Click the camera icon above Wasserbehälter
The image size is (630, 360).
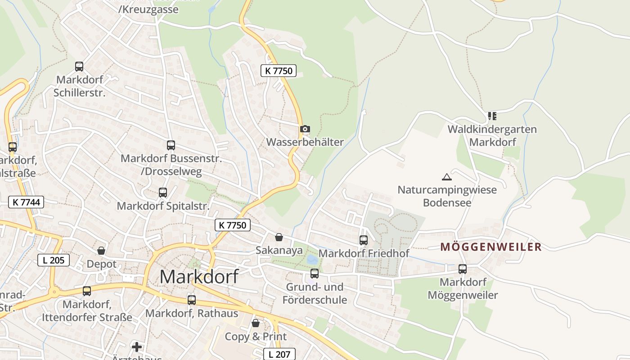coord(305,129)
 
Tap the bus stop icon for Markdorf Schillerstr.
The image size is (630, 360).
coord(79,67)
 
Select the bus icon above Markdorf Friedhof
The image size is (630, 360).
coord(364,240)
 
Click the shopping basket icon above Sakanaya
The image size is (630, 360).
coord(279,237)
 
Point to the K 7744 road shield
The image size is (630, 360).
coord(27,202)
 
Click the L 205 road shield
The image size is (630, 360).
coord(54,260)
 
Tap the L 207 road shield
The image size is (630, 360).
coord(279,354)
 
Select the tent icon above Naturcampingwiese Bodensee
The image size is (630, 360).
coord(446,177)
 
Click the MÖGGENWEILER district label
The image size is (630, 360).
coord(490,247)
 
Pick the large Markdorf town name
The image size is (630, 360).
coord(199,276)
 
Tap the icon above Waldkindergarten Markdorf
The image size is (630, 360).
coord(492,116)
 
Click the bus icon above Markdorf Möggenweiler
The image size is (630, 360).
coord(463,269)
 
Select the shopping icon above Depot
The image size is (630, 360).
coord(101,251)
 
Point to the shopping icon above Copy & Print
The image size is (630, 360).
coord(256,323)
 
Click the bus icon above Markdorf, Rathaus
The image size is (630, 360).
coord(192,300)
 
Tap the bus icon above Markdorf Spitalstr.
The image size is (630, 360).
coord(163,193)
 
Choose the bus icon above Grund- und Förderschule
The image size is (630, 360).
coord(315,273)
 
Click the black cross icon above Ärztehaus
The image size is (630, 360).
coord(137,346)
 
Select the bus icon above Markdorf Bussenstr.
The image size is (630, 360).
coord(171,145)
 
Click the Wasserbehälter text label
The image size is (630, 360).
coord(305,142)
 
